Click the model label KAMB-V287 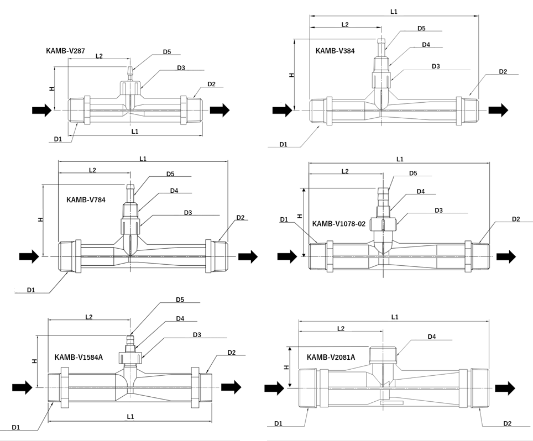(x=65, y=51)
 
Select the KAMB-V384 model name (x=335, y=51)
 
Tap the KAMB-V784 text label (x=86, y=200)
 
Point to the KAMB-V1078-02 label (x=338, y=224)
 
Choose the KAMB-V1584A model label (x=79, y=358)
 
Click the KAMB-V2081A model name (x=331, y=358)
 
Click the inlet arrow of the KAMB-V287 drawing (x=42, y=110)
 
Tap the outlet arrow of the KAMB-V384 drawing (x=498, y=110)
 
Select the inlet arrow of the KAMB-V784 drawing (x=29, y=256)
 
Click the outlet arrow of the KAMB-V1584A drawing (x=231, y=387)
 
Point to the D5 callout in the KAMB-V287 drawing (x=167, y=52)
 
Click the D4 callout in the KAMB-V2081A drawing (x=432, y=337)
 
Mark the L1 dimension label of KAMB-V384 (x=394, y=12)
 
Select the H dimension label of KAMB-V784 (x=41, y=219)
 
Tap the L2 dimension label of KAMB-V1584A (x=88, y=317)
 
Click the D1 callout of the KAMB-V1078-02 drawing (x=284, y=219)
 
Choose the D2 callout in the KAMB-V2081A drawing (x=507, y=423)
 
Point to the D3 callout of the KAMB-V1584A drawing (x=197, y=335)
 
